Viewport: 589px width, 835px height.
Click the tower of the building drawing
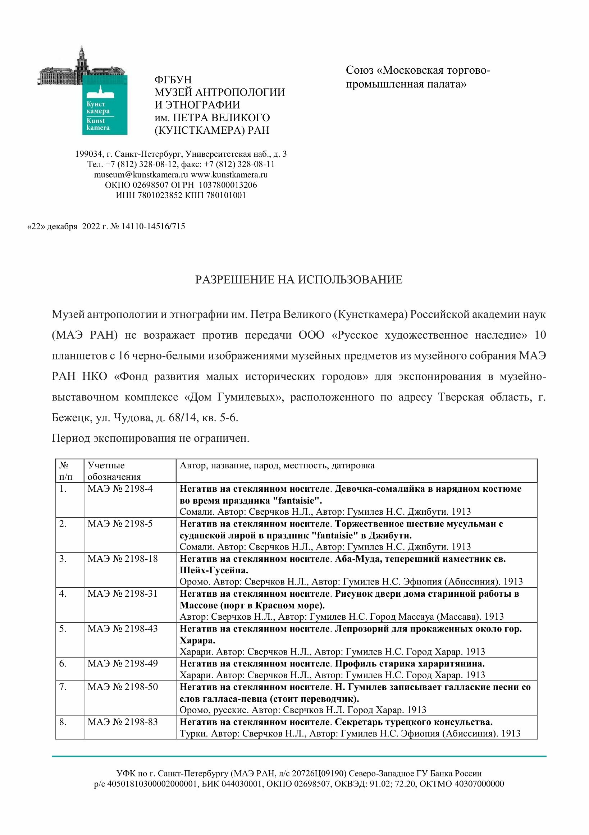[x=82, y=58]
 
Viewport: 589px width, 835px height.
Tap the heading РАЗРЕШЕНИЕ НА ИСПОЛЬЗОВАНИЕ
[x=298, y=279]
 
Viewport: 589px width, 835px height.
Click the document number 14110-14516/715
[x=153, y=226]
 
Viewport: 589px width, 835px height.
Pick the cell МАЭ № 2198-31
[x=123, y=593]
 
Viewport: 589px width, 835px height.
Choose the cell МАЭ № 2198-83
[x=123, y=721]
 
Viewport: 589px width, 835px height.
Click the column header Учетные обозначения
[x=114, y=471]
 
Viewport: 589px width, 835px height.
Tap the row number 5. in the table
[x=63, y=628]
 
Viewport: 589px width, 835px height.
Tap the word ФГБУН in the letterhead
[x=173, y=79]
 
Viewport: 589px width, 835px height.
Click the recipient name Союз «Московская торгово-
[x=417, y=70]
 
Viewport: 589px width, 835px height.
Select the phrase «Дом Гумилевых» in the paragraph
[x=234, y=397]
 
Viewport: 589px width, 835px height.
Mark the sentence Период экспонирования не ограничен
[x=150, y=438]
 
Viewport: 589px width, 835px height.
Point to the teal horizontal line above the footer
[x=298, y=756]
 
